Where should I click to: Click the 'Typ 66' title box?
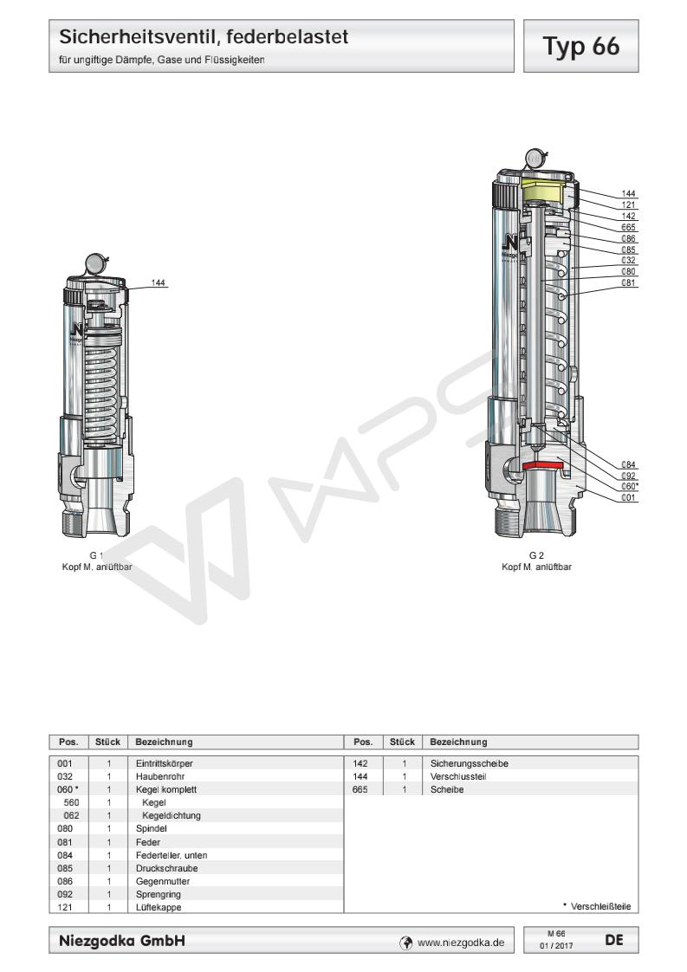pos(583,45)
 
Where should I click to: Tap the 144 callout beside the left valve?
pos(159,282)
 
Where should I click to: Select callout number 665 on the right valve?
pos(630,227)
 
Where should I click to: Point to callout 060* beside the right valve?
pos(630,487)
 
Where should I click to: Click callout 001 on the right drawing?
pos(630,498)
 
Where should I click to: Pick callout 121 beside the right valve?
pos(630,204)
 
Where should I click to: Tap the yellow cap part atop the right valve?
pos(545,190)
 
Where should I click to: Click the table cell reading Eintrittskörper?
pos(165,763)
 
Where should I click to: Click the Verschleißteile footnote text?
pos(597,906)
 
